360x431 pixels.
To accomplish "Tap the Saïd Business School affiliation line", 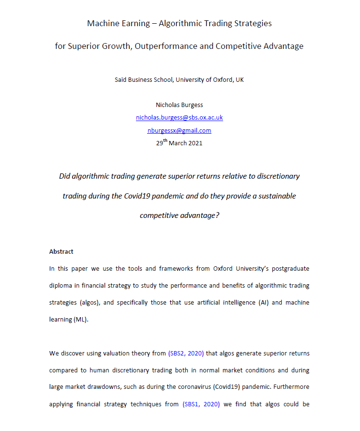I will click(179, 79).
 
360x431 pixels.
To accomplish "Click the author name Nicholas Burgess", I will click(179, 105).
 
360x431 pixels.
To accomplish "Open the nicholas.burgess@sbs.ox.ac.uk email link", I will click(179, 118).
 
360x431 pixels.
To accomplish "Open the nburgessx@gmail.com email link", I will click(179, 130).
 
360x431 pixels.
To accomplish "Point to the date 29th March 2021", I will click(179, 143).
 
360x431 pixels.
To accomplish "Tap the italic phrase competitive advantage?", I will click(180, 215).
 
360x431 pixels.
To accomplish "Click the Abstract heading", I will click(61, 252).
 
